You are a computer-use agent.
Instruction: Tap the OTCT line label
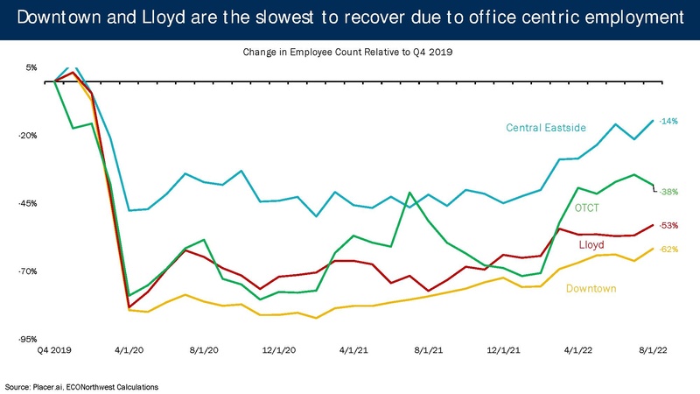coord(588,208)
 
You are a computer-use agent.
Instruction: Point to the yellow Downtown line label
coord(592,288)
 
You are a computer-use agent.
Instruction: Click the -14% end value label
coord(668,121)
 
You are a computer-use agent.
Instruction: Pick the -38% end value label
coord(668,192)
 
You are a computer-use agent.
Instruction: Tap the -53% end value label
coord(668,225)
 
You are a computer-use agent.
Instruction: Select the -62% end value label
coord(668,250)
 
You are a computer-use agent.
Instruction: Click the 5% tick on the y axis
coord(31,67)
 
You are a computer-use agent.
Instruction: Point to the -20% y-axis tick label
coord(28,136)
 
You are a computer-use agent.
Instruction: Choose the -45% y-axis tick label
coord(28,203)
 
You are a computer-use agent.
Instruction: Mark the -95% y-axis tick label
coord(28,339)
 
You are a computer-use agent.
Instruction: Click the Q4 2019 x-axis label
coord(55,350)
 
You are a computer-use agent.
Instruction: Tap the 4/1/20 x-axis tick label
coord(129,350)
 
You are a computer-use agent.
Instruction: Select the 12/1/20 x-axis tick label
coord(278,350)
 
